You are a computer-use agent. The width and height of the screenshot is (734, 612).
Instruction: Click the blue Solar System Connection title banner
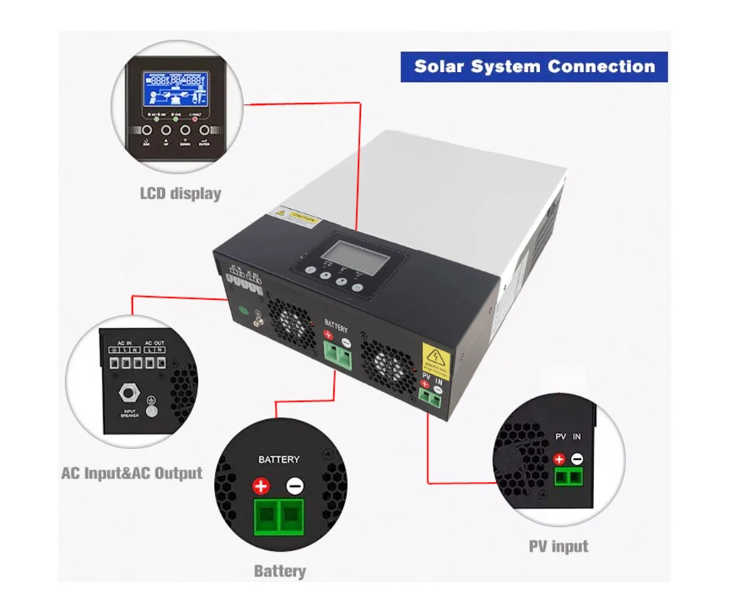534,67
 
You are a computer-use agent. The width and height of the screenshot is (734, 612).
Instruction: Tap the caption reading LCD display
180,193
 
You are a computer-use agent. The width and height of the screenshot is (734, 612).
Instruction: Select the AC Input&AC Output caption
132,473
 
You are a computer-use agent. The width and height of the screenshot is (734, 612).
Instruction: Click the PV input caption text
558,546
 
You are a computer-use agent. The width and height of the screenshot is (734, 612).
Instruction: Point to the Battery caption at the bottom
280,571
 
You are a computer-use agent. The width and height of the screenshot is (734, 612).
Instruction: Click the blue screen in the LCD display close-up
176,90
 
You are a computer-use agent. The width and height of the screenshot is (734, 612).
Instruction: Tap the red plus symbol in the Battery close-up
261,487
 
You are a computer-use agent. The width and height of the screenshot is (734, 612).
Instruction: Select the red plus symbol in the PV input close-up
559,459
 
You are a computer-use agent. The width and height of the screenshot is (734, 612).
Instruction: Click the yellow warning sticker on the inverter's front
437,359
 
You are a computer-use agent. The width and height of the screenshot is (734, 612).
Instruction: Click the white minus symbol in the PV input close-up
577,459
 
